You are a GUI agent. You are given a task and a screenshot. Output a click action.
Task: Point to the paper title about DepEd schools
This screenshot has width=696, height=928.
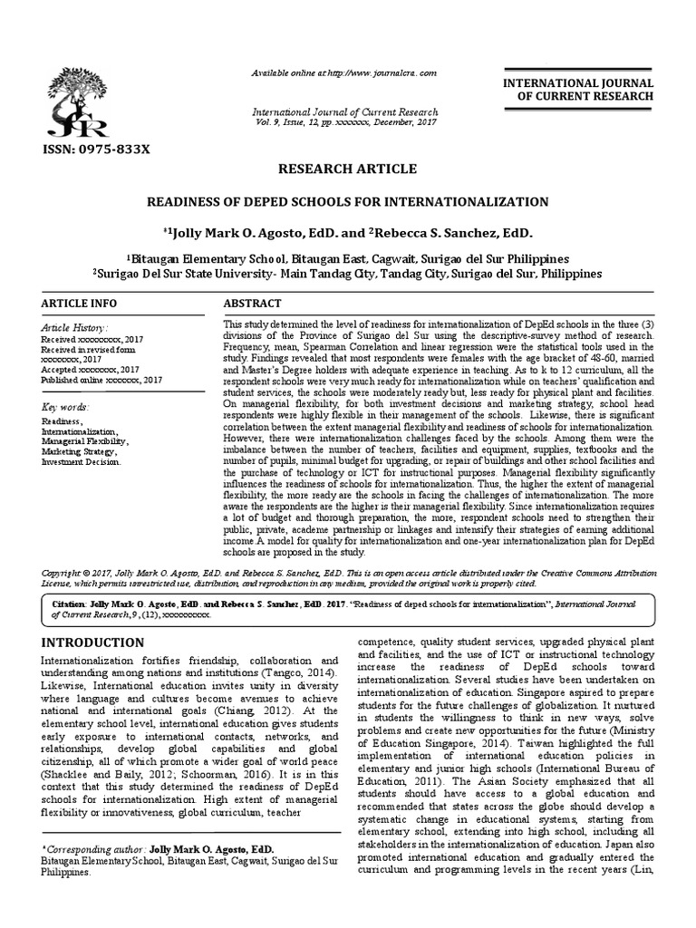point(348,200)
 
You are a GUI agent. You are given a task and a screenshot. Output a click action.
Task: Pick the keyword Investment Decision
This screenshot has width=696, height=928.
point(81,461)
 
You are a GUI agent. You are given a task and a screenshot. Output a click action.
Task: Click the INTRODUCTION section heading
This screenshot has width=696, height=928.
point(93,643)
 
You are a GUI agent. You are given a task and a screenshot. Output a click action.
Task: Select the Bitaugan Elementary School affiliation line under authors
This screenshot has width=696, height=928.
point(348,257)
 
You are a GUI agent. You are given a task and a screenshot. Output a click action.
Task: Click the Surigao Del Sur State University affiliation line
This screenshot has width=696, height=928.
point(348,272)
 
